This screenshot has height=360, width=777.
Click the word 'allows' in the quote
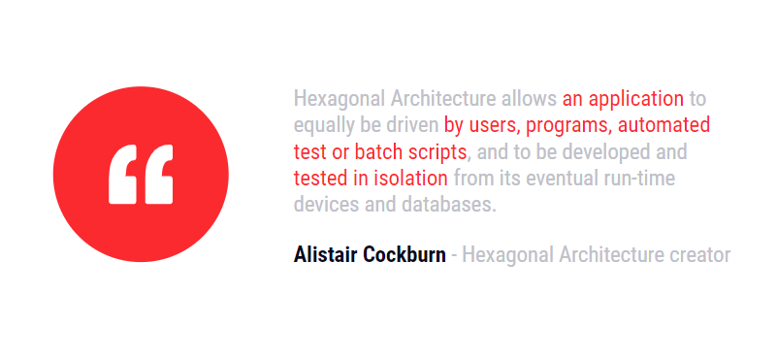point(530,99)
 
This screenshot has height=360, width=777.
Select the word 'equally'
point(324,126)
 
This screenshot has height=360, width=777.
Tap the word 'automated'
point(664,125)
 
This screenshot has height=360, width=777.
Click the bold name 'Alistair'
point(326,255)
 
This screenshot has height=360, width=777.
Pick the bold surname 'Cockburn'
point(405,255)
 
